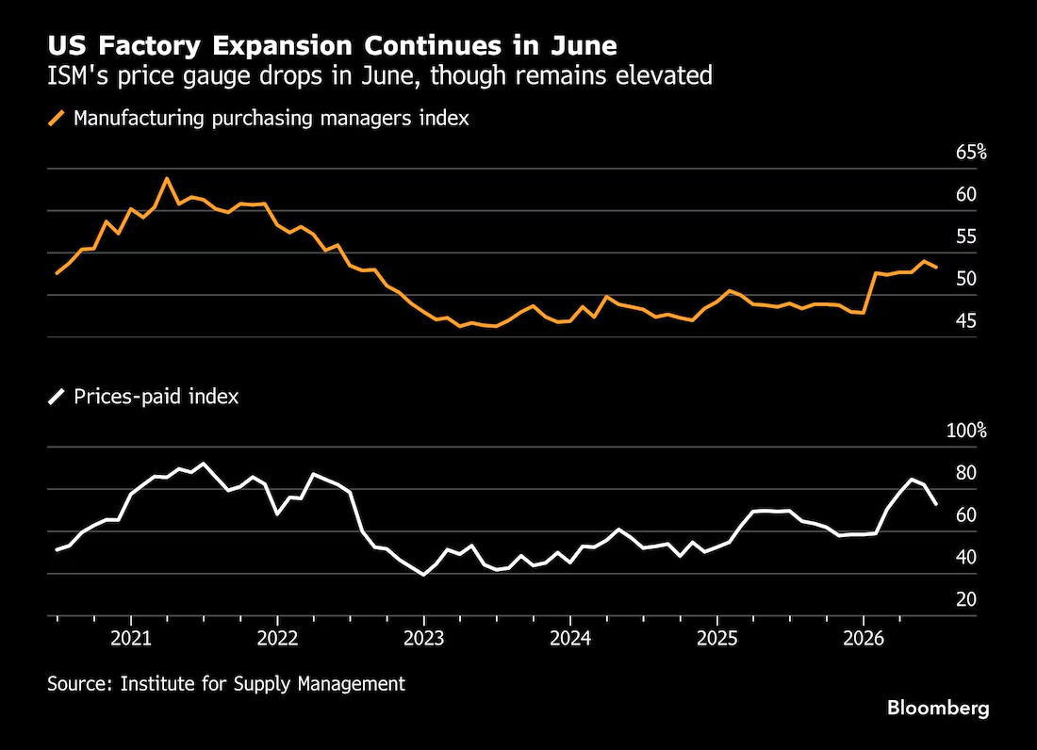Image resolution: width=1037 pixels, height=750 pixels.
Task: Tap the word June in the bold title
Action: (x=584, y=45)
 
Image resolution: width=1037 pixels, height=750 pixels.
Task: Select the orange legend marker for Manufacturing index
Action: (x=57, y=119)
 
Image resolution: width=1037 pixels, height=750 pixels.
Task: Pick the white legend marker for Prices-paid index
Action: (x=57, y=397)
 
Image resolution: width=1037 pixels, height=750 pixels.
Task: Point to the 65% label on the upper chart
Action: (x=971, y=153)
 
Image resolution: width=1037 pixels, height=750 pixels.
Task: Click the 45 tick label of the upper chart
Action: (x=965, y=321)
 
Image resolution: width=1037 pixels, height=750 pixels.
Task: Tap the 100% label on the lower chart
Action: (x=966, y=431)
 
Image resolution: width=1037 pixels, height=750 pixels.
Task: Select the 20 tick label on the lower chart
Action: (x=965, y=599)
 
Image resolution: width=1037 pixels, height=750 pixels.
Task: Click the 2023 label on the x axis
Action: (x=424, y=638)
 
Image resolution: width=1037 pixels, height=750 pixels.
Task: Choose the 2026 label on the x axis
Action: (x=863, y=638)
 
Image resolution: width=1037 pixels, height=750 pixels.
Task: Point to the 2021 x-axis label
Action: (x=131, y=638)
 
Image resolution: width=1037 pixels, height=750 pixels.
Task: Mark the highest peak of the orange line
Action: (x=167, y=178)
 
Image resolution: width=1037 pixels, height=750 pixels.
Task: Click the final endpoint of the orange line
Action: (x=936, y=267)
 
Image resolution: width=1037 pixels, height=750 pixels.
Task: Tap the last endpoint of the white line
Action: (x=936, y=504)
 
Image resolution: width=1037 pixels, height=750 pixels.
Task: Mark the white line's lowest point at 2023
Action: (x=424, y=575)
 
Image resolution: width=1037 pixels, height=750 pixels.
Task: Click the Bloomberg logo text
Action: (x=938, y=709)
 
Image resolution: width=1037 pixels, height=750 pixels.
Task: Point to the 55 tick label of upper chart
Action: (x=965, y=236)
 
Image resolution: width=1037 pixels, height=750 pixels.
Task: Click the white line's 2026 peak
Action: (x=912, y=479)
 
